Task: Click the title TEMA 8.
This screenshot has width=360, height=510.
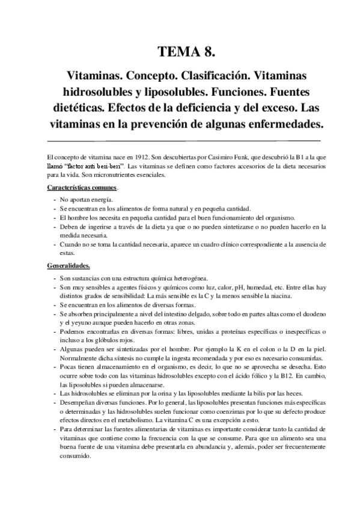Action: click(x=180, y=52)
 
